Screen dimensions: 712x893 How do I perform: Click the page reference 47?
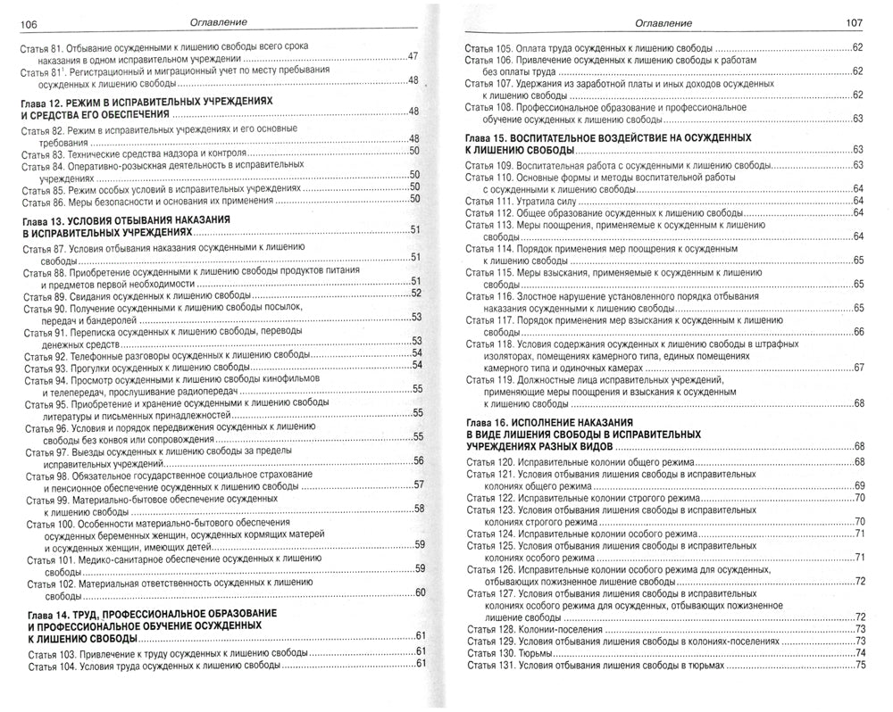point(413,55)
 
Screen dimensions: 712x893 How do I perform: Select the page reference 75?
point(861,665)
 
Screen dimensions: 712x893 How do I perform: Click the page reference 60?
point(417,593)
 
